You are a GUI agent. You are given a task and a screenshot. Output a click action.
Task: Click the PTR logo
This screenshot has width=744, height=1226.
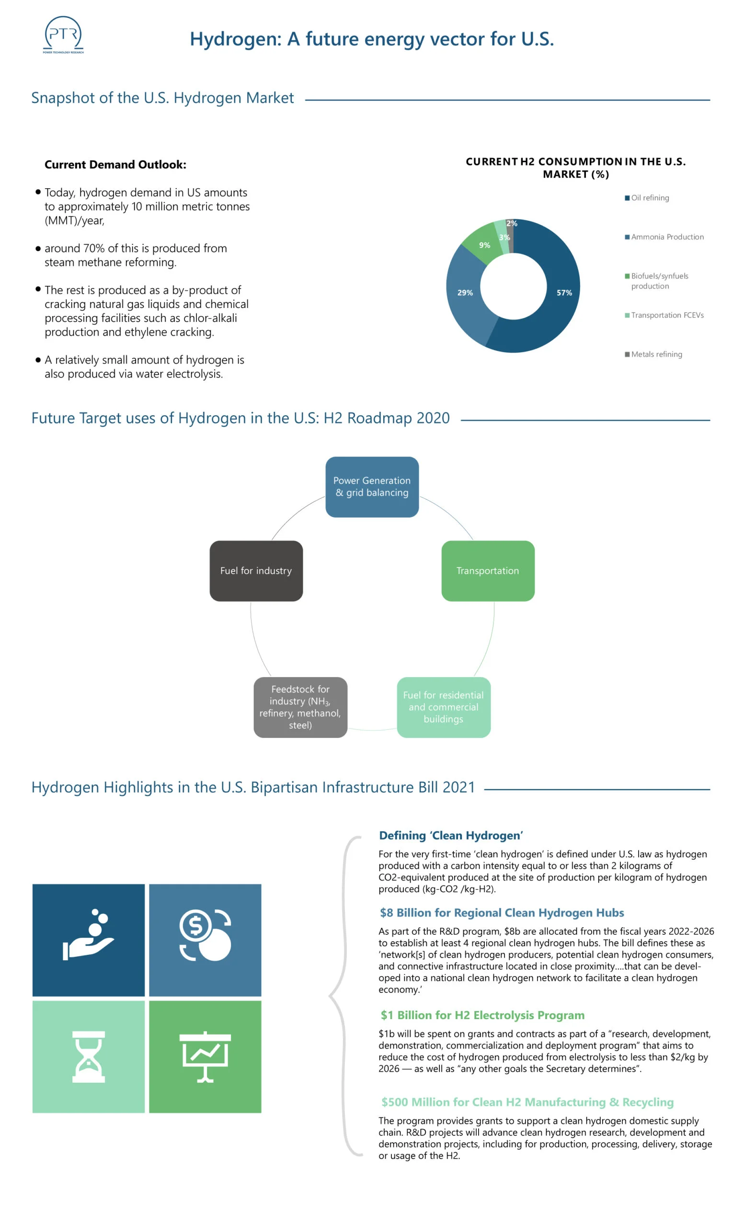point(63,34)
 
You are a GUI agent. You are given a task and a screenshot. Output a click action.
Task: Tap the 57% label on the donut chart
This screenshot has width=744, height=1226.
point(564,293)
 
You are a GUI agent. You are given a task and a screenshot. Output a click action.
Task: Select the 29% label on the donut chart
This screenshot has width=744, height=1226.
point(465,293)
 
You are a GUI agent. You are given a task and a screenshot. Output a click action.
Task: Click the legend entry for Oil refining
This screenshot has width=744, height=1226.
point(647,197)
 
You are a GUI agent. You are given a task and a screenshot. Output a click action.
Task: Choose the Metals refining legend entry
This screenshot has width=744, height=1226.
point(653,354)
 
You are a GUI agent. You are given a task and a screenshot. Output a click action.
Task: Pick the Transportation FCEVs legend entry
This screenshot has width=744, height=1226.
point(664,315)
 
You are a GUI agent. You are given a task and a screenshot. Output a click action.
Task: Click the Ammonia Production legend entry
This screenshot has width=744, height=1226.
point(664,237)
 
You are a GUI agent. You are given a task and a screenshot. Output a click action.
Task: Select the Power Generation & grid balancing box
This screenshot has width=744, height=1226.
point(372,487)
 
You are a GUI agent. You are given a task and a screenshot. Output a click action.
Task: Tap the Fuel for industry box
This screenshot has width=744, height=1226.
point(256,571)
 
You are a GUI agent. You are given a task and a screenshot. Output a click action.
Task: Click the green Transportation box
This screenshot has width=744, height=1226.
point(488,571)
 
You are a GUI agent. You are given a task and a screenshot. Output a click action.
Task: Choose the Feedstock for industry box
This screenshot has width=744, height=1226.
point(300,707)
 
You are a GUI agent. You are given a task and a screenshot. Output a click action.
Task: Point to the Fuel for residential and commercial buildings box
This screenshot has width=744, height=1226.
point(444,707)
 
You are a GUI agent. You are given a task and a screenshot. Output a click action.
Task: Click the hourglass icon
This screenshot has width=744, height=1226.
point(89,1057)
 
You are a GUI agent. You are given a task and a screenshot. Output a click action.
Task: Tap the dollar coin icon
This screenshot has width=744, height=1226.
point(205,935)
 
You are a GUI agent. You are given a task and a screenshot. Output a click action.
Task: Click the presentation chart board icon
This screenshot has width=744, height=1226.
point(205,1057)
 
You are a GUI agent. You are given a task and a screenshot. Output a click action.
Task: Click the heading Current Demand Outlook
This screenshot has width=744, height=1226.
point(115,165)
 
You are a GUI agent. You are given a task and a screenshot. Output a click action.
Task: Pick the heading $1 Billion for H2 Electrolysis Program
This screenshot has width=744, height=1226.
point(482,1015)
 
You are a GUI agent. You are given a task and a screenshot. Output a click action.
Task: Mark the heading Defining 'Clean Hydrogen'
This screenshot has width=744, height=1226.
point(451,835)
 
